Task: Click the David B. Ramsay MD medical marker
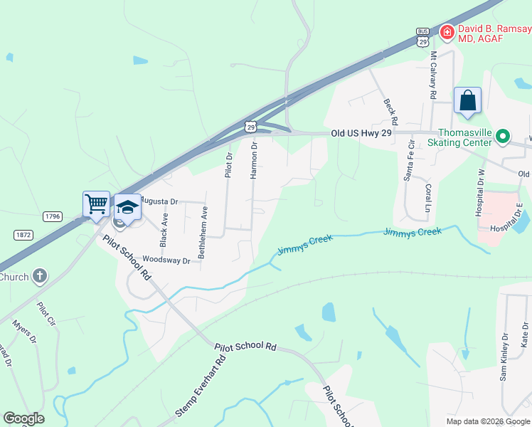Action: pos(447,32)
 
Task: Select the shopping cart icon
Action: pos(96,204)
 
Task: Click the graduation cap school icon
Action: pos(127,207)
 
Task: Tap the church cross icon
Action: pos(40,275)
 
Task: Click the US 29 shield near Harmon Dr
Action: pos(250,127)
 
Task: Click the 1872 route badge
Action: pos(23,234)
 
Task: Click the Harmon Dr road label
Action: pos(253,160)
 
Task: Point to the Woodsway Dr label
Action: pos(166,260)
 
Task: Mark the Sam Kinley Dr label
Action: pos(504,357)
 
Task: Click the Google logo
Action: pos(23,418)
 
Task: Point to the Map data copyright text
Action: pos(487,421)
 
